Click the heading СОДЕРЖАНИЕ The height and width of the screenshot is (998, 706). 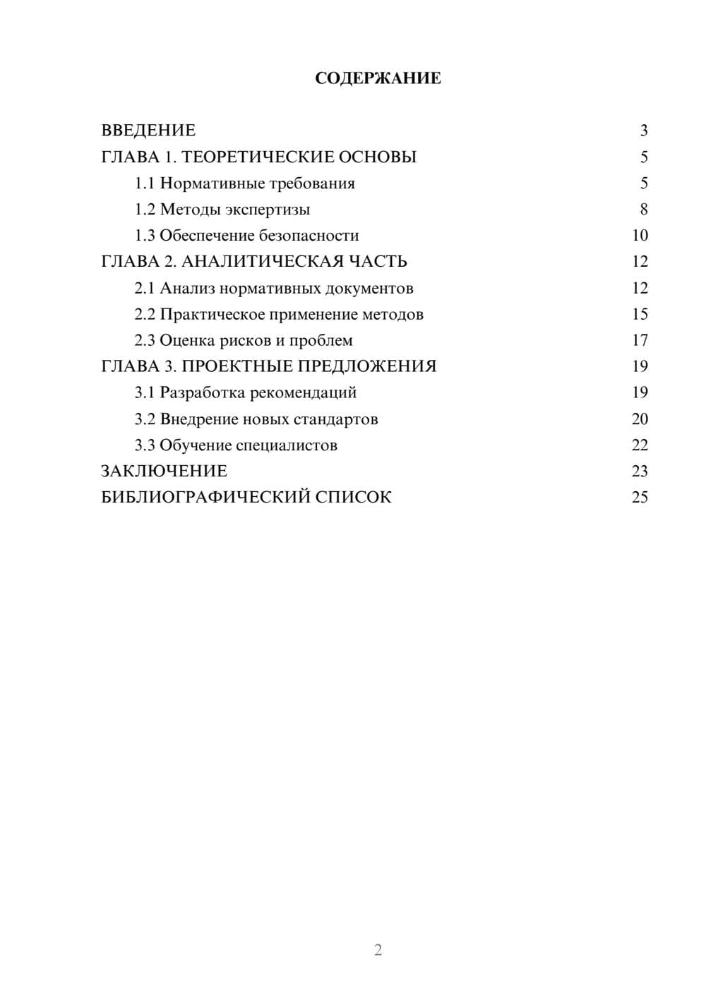[378, 78]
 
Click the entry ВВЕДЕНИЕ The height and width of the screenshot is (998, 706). [148, 131]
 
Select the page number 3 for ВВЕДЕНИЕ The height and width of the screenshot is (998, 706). [643, 131]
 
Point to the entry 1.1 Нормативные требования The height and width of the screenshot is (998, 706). [244, 184]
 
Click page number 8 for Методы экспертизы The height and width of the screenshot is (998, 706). [643, 210]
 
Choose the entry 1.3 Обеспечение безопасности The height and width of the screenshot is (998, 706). [246, 236]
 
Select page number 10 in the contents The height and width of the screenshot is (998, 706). [640, 236]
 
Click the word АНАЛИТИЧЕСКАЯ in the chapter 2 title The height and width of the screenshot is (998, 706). [262, 262]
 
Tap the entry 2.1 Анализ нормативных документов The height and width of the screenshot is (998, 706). [274, 288]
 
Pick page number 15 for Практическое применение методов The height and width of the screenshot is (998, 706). [640, 314]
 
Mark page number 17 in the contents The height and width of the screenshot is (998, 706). [640, 341]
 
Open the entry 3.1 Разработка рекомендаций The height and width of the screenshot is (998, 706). [245, 392]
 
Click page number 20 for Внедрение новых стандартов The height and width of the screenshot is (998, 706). [640, 419]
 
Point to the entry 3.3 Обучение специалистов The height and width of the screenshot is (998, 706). [236, 445]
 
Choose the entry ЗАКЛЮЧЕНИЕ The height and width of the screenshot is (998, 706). [164, 471]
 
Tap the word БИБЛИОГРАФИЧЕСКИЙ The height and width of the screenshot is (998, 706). [205, 498]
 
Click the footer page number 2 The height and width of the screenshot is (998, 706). [378, 950]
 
